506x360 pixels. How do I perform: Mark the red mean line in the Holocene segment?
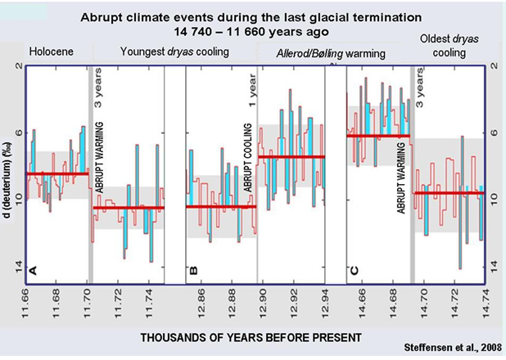click(57, 173)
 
